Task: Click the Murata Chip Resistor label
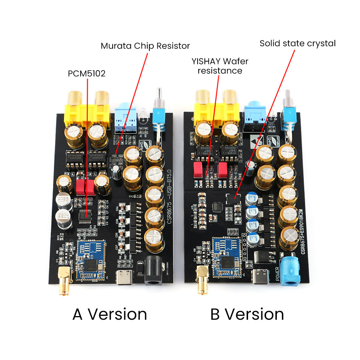click(145, 46)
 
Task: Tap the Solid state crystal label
click(297, 44)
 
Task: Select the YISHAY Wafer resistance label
click(220, 66)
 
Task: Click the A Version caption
click(110, 314)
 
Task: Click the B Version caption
click(247, 314)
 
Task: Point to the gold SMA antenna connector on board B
click(200, 279)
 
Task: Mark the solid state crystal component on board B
click(231, 198)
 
